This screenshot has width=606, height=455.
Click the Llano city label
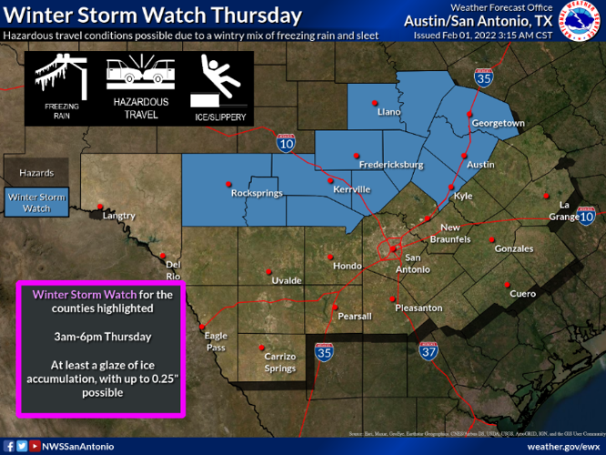(x=389, y=112)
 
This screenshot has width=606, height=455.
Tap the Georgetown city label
(x=498, y=123)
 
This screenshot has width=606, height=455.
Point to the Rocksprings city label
(x=257, y=193)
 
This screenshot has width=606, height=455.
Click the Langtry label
(x=119, y=216)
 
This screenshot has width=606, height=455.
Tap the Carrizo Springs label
(x=279, y=362)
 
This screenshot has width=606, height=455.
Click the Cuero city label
(x=522, y=294)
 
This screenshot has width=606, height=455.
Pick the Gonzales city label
(x=514, y=248)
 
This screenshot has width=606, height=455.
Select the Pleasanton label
(x=418, y=308)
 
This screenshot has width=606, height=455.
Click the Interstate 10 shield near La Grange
(x=587, y=217)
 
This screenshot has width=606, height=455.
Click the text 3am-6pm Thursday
(x=101, y=337)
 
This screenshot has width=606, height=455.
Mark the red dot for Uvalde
(x=269, y=271)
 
